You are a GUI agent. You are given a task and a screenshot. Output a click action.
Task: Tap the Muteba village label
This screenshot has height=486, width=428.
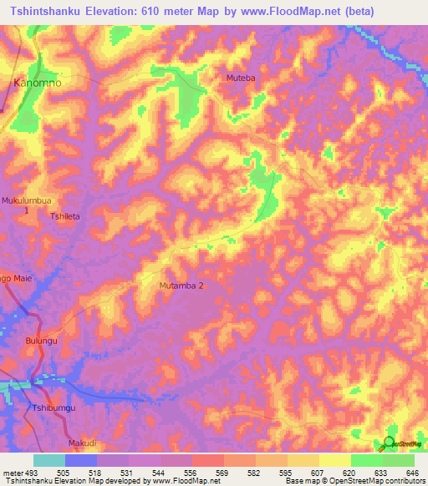pos(240,78)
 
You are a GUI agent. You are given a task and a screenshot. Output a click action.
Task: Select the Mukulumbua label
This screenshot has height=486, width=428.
pos(27,201)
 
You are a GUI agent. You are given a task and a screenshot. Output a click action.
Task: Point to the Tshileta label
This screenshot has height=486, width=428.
pos(66,216)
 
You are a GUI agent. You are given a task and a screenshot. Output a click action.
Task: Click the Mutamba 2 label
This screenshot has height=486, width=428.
pos(181,286)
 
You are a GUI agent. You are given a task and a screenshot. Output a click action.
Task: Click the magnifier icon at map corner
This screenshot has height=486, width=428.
pos(389,443)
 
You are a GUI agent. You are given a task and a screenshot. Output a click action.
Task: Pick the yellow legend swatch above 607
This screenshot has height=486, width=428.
pos(303,460)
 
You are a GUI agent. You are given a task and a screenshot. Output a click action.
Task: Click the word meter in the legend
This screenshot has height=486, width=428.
pos(11,472)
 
